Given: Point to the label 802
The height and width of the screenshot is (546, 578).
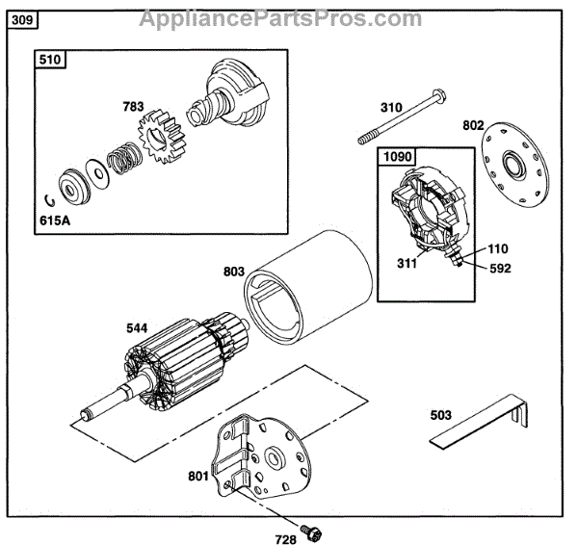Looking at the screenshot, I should tap(474, 124).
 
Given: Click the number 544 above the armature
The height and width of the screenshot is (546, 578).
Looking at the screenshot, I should tap(139, 328).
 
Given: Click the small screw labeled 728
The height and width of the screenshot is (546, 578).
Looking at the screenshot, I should tap(310, 530).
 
